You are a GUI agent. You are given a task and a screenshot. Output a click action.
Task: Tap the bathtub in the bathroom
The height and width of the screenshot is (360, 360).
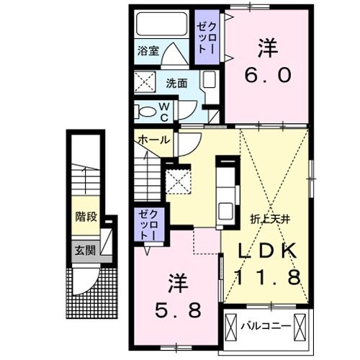(x=163, y=27)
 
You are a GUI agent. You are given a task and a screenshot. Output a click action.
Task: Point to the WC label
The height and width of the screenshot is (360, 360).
(x=163, y=111)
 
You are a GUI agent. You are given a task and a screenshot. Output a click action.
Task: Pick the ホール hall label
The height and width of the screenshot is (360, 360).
(x=153, y=139)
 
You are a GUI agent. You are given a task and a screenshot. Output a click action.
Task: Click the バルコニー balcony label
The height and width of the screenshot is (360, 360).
(x=264, y=325)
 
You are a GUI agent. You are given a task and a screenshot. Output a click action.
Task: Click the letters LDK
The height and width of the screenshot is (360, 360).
(x=267, y=251)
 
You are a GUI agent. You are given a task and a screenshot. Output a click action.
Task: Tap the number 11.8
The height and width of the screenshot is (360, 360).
(x=267, y=277)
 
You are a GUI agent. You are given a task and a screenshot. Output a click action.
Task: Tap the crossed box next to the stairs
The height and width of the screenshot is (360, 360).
(x=179, y=180)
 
